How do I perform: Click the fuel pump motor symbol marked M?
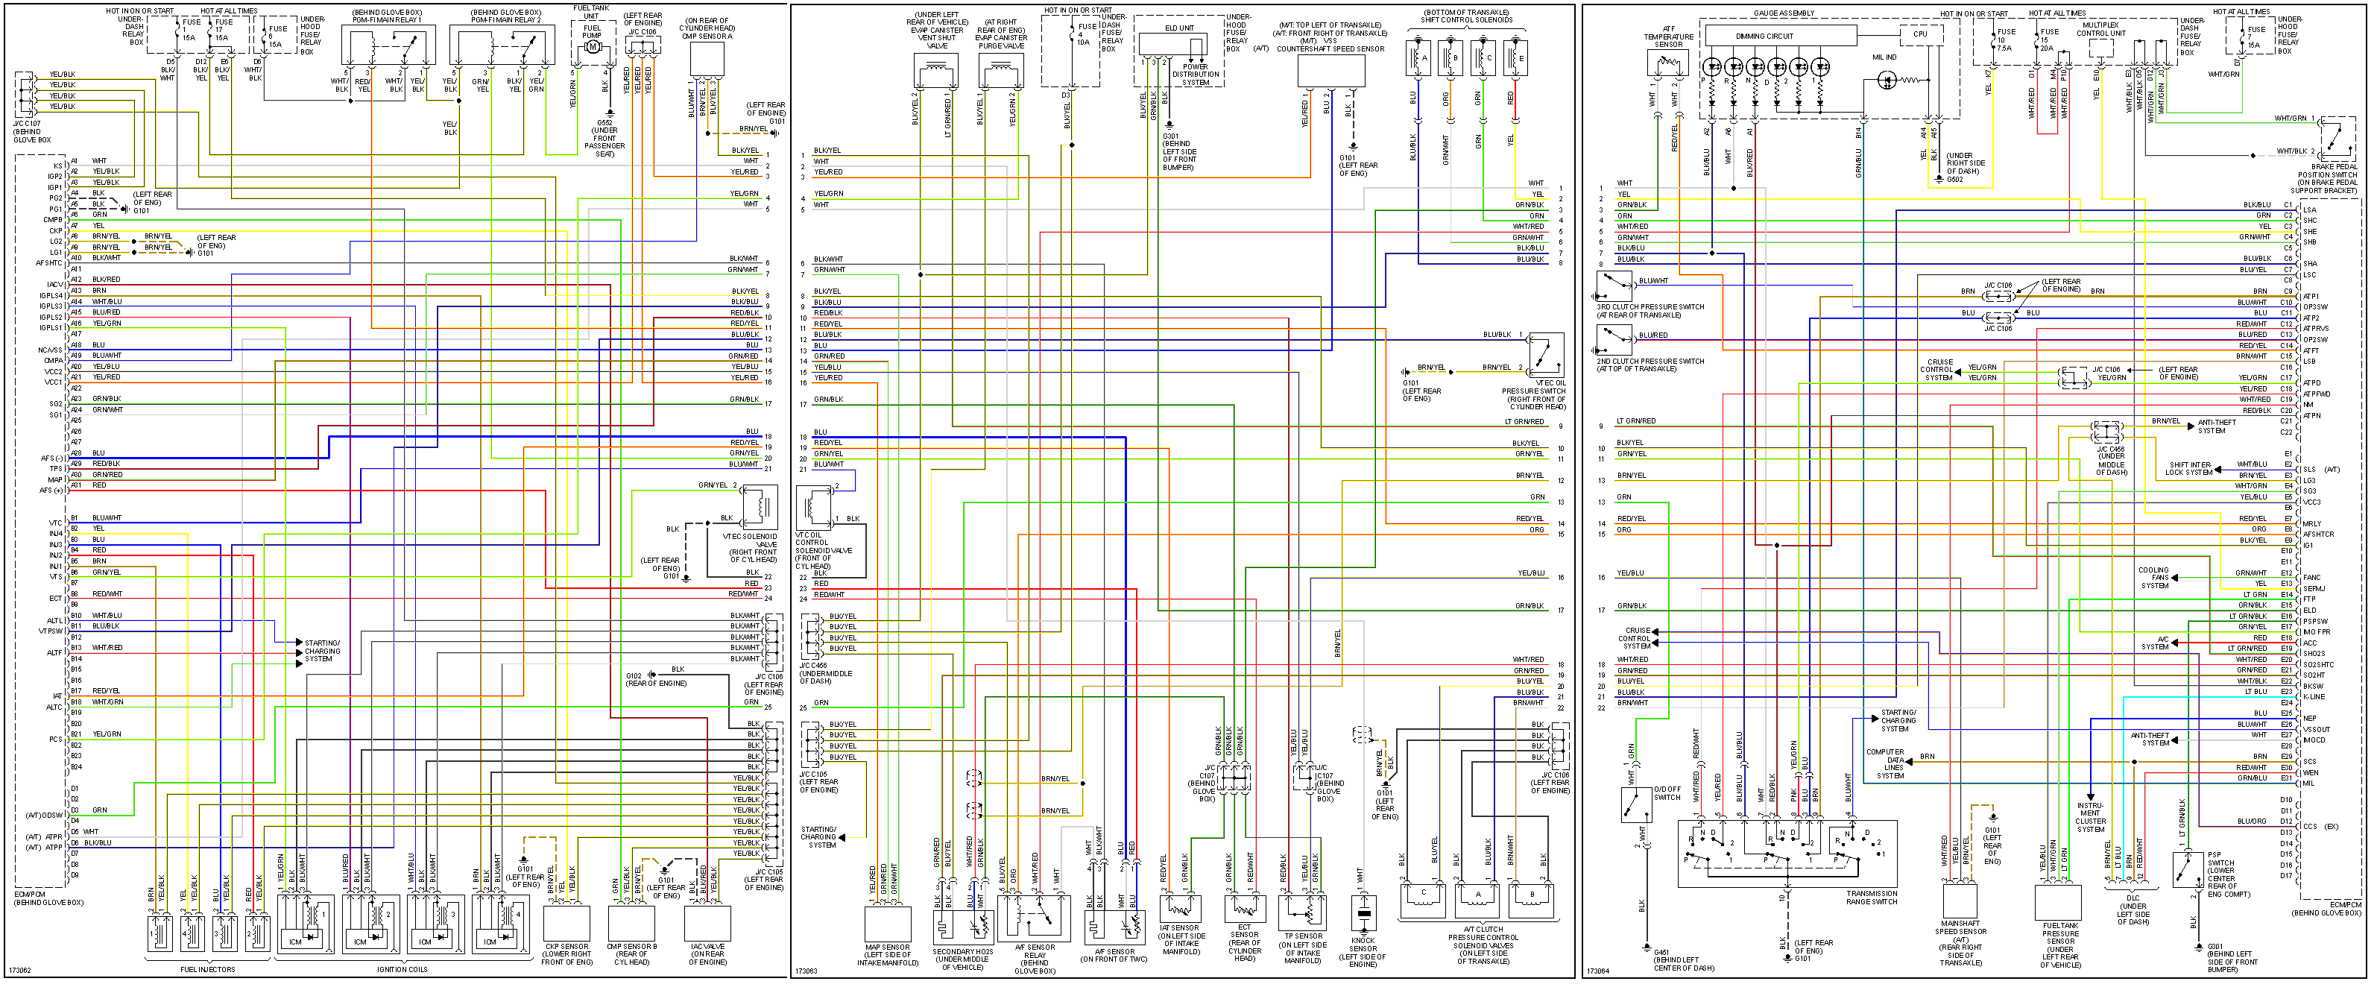click(593, 47)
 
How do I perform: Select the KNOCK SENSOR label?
click(1363, 948)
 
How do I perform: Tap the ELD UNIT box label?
click(1179, 28)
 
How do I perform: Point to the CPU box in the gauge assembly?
click(1919, 34)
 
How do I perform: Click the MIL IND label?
click(1884, 57)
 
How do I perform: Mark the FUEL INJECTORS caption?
click(208, 970)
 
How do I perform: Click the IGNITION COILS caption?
click(403, 970)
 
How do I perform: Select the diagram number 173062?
click(19, 971)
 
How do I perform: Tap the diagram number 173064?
click(1597, 971)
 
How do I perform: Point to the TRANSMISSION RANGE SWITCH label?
click(1872, 897)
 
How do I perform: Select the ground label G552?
click(604, 123)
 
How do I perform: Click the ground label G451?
click(1661, 952)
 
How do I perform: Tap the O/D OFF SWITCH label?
click(1667, 793)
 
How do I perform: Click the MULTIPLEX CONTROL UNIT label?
click(2101, 30)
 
